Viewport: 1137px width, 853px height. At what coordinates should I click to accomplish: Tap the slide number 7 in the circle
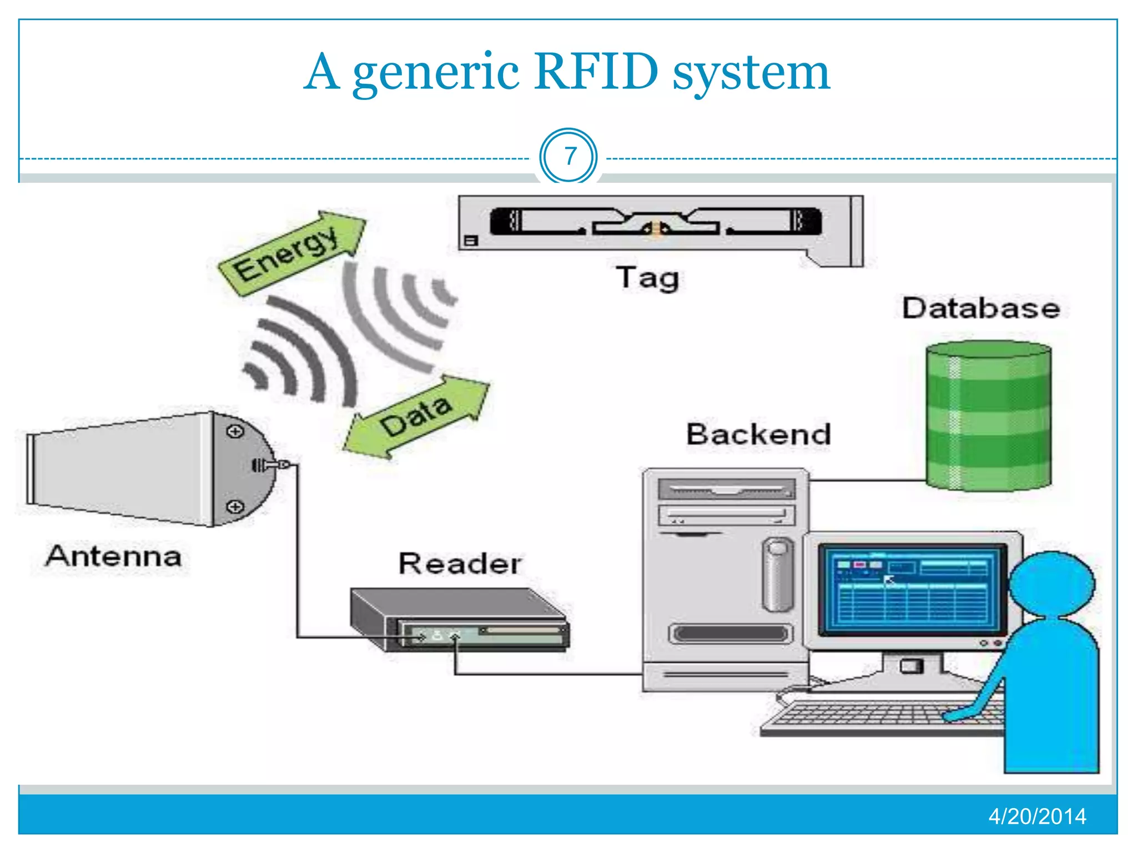pyautogui.click(x=568, y=157)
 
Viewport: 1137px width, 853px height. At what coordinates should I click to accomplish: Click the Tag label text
pyautogui.click(x=647, y=278)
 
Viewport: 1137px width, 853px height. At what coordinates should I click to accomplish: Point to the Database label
pyautogui.click(x=980, y=308)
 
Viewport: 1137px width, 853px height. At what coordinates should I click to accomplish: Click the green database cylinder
pyautogui.click(x=988, y=417)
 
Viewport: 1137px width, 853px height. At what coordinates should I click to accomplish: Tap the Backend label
pyautogui.click(x=758, y=434)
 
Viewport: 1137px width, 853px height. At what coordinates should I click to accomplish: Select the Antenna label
pyautogui.click(x=114, y=556)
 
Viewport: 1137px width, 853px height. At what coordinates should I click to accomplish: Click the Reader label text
pyautogui.click(x=460, y=564)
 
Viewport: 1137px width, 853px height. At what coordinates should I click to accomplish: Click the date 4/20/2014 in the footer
pyautogui.click(x=1037, y=816)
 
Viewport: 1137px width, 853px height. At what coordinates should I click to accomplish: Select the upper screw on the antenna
pyautogui.click(x=235, y=431)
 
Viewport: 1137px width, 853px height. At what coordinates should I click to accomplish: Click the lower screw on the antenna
pyautogui.click(x=235, y=506)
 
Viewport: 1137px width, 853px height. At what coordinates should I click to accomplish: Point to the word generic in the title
pyautogui.click(x=436, y=72)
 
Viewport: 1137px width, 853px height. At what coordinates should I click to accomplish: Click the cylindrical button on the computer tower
pyautogui.click(x=778, y=575)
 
